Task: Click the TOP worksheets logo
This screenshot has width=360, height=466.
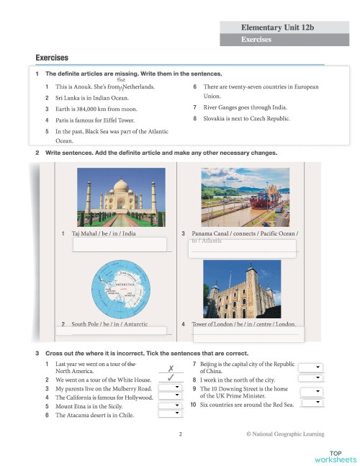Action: click(336, 455)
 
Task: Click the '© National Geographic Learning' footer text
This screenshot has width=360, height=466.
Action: click(284, 434)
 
